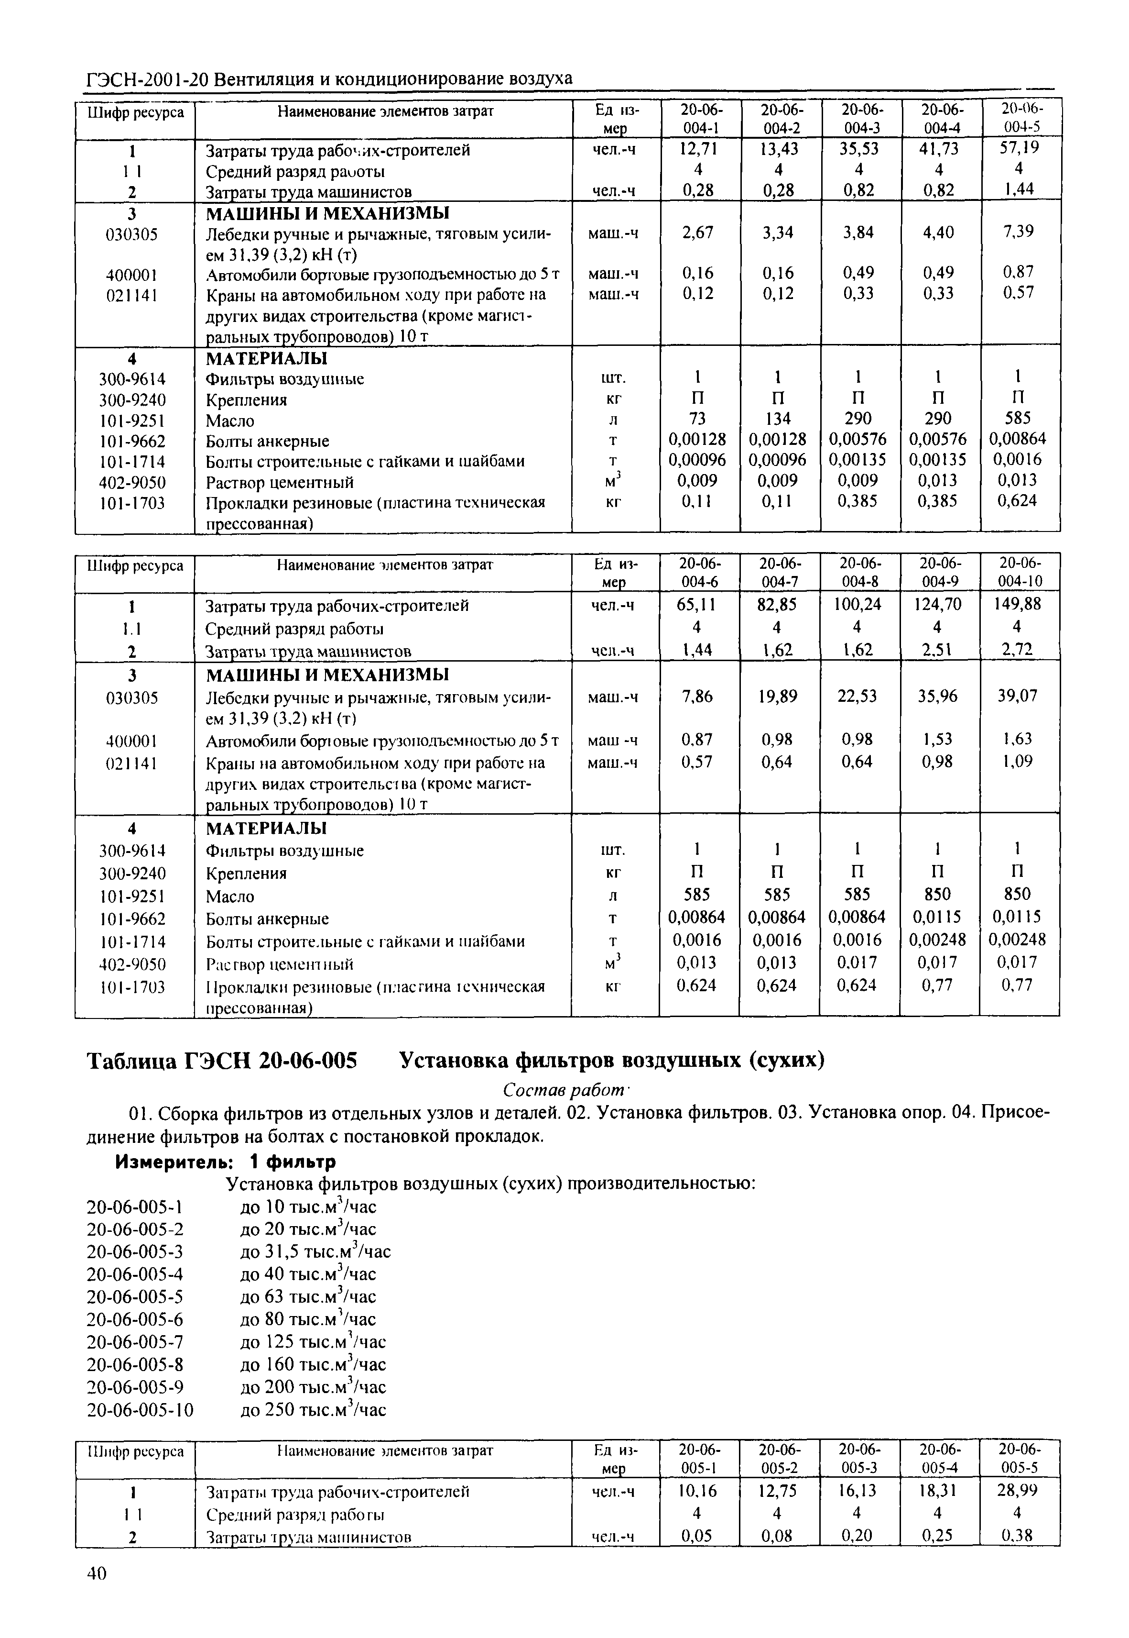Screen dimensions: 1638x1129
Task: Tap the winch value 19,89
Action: click(777, 697)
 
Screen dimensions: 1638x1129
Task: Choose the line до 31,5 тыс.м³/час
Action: click(315, 1251)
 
